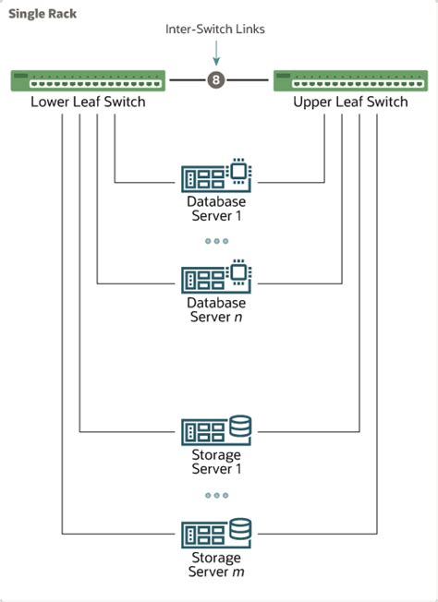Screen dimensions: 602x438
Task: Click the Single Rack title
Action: coord(43,14)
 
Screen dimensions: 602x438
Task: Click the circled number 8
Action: coord(217,80)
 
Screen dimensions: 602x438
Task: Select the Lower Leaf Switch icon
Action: coord(89,80)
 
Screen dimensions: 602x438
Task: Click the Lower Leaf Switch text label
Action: coord(88,102)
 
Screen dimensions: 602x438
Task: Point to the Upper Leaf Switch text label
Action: coord(350,102)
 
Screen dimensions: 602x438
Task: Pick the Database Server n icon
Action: coord(217,276)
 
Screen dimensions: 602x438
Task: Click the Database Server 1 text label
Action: coord(217,208)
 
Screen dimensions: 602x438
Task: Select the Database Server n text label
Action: coord(217,309)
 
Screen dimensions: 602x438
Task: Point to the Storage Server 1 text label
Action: coord(217,463)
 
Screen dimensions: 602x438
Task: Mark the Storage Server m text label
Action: coord(217,565)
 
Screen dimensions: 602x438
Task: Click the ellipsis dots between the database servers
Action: coord(217,241)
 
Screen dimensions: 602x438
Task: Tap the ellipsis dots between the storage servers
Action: coord(217,496)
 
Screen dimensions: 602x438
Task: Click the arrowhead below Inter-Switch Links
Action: coord(217,61)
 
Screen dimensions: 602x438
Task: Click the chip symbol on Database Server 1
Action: coord(240,169)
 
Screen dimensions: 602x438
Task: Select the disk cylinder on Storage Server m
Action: coord(240,529)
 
